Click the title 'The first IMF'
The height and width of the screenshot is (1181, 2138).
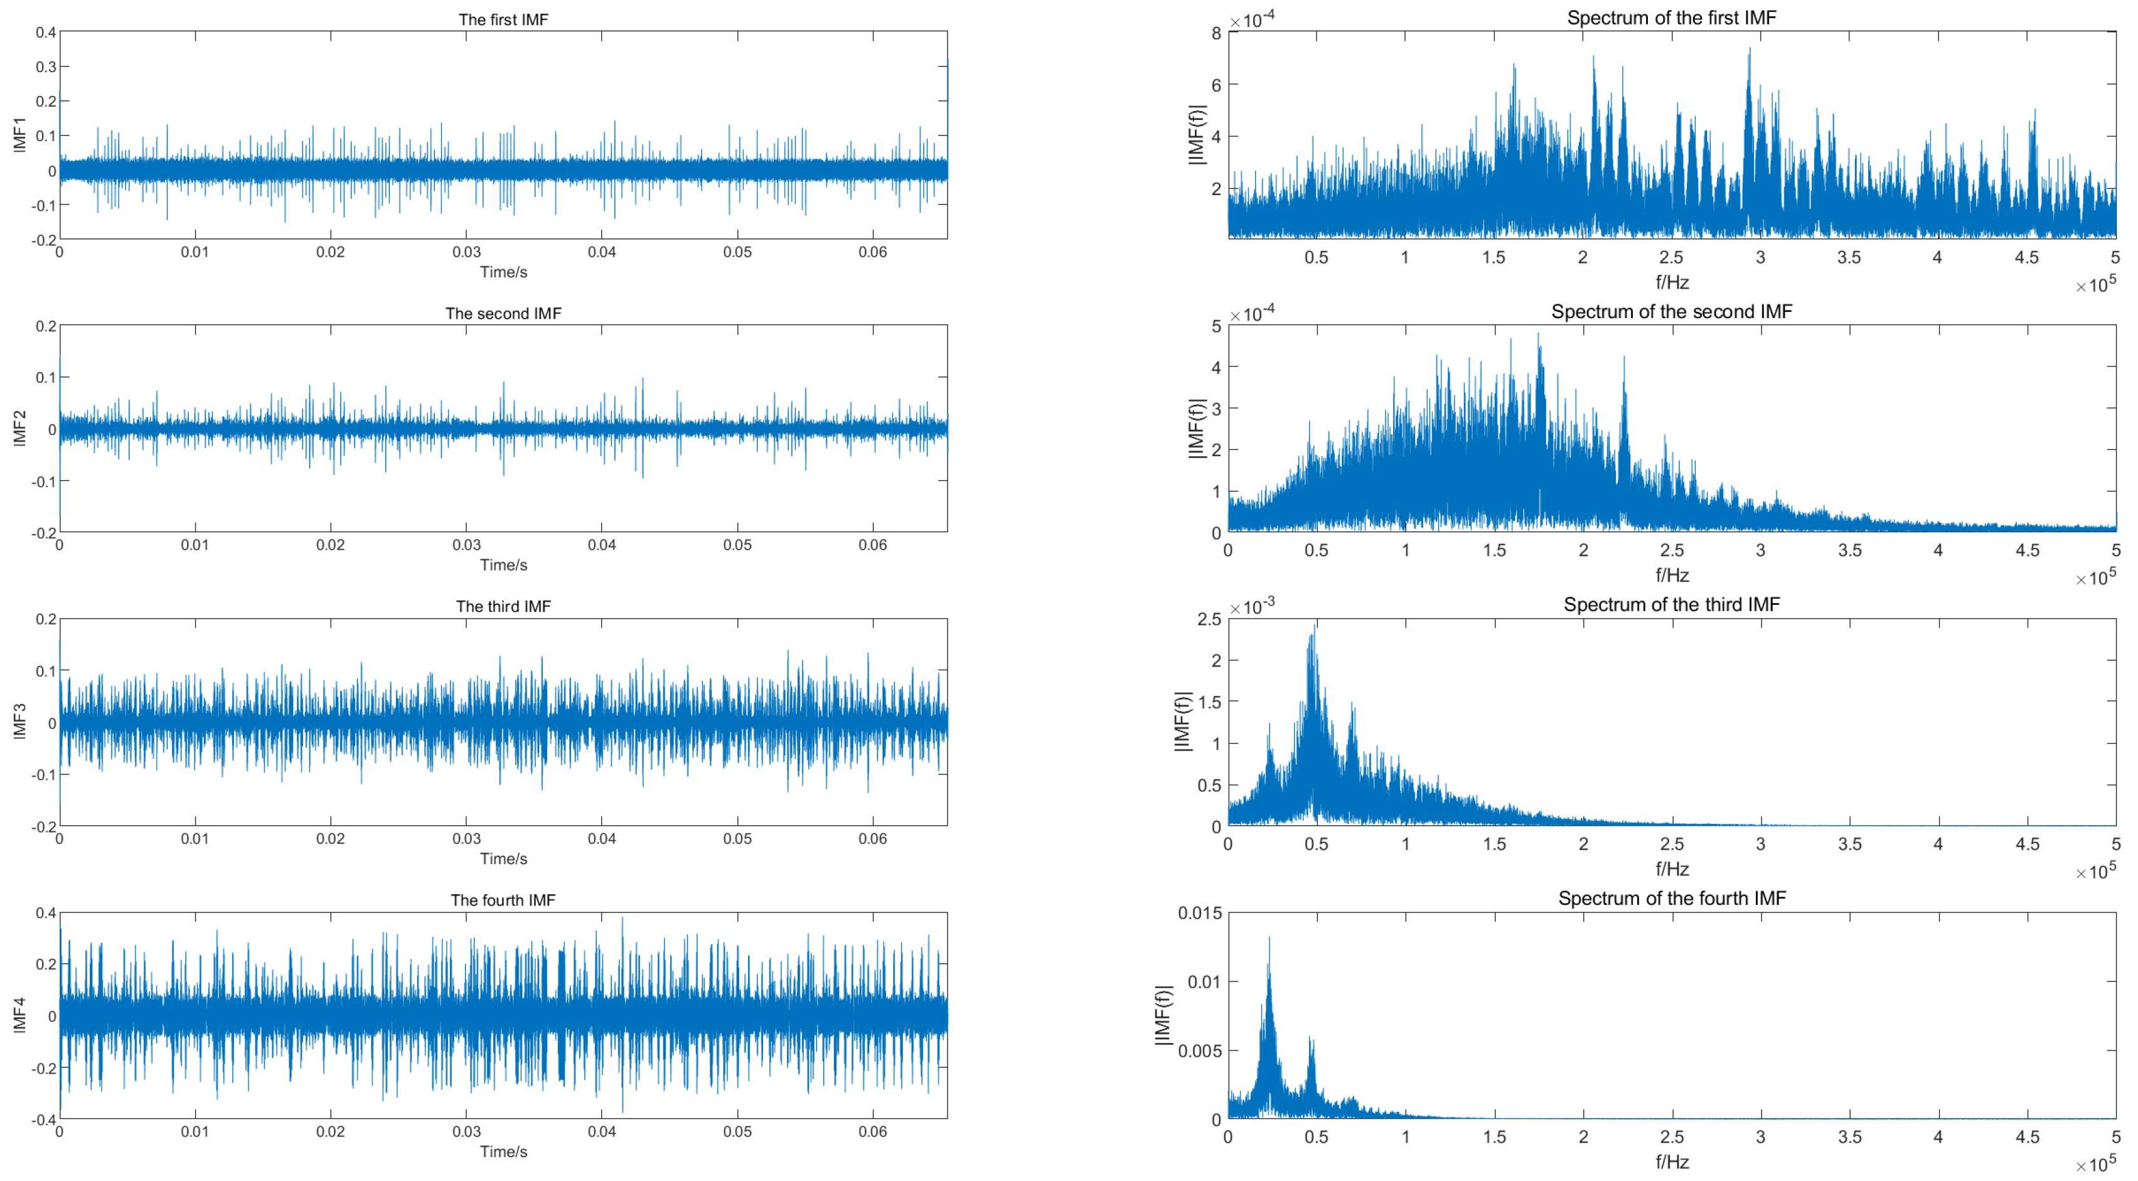point(503,20)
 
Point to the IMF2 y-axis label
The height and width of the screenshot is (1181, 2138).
point(20,428)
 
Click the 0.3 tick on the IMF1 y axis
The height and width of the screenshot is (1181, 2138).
point(46,67)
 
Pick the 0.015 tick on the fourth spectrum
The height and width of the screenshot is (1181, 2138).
point(1199,913)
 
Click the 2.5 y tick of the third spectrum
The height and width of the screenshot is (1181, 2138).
point(1209,619)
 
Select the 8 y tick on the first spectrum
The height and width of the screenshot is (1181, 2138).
point(1216,33)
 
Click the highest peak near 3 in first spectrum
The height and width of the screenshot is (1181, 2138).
point(1749,50)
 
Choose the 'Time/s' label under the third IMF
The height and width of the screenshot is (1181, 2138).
point(503,858)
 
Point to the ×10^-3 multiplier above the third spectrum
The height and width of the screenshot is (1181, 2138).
point(1251,607)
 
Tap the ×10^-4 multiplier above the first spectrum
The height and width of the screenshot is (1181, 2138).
point(1251,20)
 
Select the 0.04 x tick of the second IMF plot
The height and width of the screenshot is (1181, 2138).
point(602,545)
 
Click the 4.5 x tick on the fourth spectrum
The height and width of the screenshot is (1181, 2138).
point(2027,1137)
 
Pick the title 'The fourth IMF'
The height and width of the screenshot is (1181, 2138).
point(503,900)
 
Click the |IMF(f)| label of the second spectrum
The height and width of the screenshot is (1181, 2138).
point(1196,428)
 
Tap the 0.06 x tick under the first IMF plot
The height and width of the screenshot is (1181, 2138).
point(872,252)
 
